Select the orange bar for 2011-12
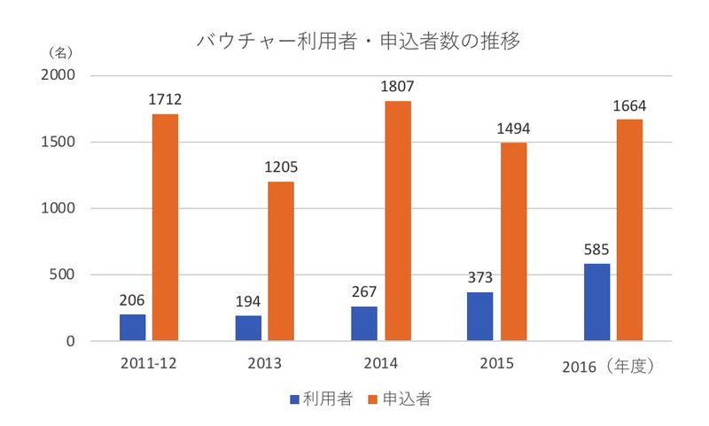point(165,227)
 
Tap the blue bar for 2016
point(596,302)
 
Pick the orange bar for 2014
point(398,221)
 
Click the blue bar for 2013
point(248,328)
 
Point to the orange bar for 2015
point(514,242)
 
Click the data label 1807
point(398,88)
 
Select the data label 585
point(596,251)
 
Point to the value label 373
point(480,279)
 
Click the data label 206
point(132,301)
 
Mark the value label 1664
point(629,106)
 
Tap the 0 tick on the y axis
point(81,341)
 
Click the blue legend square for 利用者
point(296,399)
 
